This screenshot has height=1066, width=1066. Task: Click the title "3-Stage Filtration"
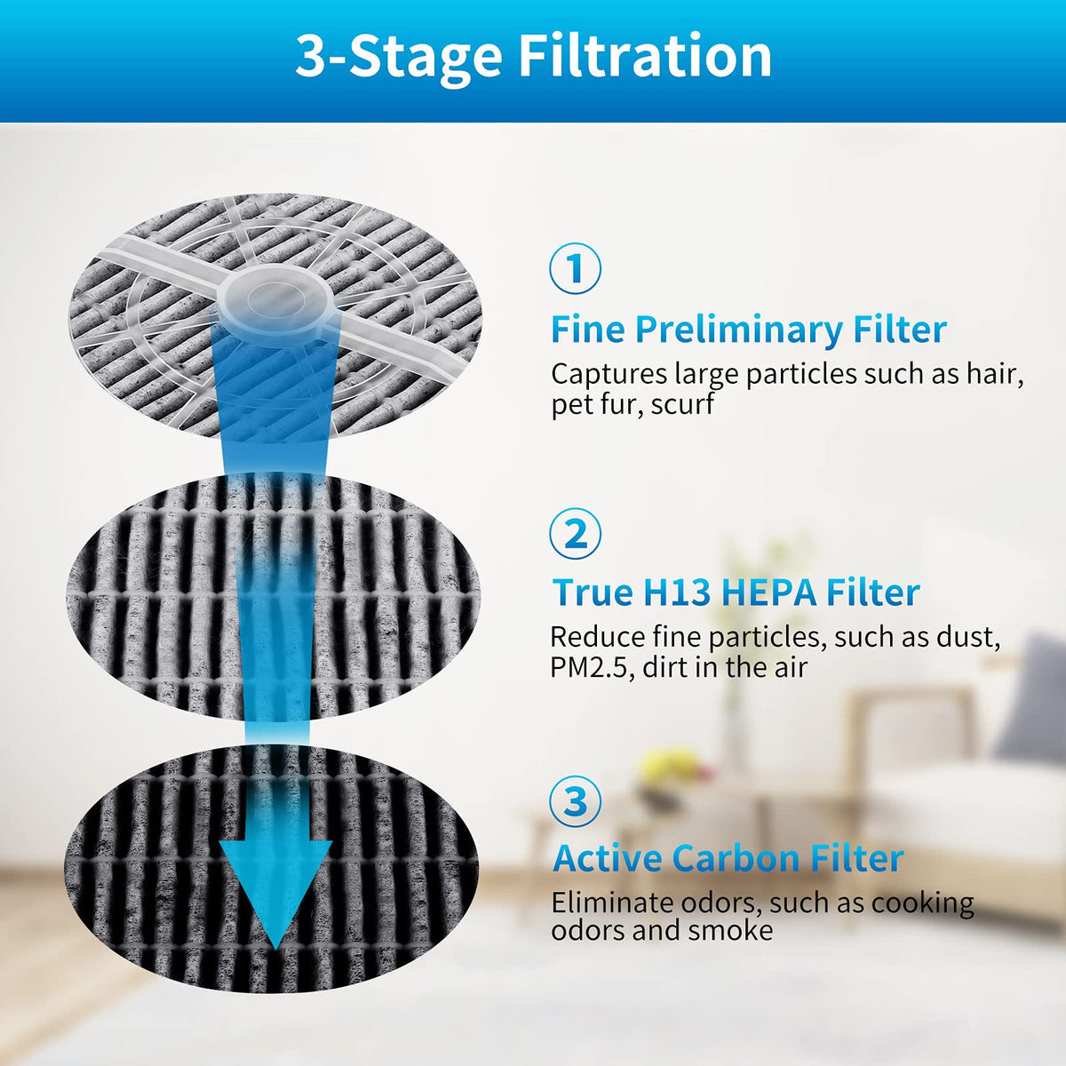(533, 57)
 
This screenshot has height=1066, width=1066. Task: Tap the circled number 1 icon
(575, 268)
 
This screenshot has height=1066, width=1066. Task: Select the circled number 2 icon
(575, 534)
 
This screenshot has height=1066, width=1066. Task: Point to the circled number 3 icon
(575, 801)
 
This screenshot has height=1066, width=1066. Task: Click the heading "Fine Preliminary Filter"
(749, 330)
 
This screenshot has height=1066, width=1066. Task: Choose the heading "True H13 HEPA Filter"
(736, 593)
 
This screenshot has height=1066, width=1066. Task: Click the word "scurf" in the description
(682, 404)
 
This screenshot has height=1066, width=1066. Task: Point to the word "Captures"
(609, 375)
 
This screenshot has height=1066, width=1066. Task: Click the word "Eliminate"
(612, 903)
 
